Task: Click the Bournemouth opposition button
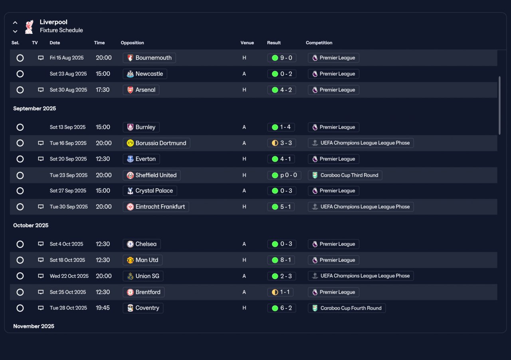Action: (149, 58)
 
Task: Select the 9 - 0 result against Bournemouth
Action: (282, 58)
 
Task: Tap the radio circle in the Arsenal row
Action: (20, 90)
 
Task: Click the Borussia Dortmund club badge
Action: (130, 143)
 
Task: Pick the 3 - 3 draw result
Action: (282, 143)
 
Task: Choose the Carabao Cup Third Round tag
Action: (345, 175)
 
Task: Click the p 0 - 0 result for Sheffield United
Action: (284, 175)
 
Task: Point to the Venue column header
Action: (247, 43)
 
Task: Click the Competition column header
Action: (319, 43)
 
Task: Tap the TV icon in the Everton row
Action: (41, 159)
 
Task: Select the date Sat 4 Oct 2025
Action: (66, 244)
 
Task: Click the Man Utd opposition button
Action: (143, 260)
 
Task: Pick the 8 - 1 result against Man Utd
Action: (281, 260)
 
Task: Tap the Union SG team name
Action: (147, 276)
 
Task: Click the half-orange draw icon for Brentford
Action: (275, 292)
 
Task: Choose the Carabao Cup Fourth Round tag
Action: (347, 308)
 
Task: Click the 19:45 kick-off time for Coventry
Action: (103, 308)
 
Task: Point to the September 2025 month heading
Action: (34, 109)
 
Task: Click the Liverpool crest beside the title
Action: (29, 27)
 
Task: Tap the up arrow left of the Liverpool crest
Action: (15, 23)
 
